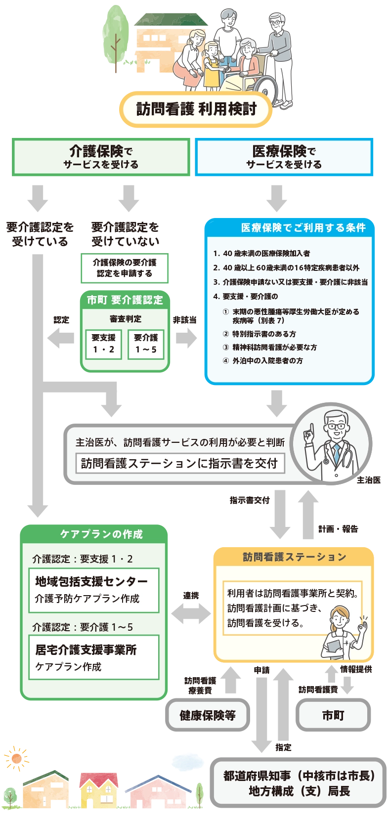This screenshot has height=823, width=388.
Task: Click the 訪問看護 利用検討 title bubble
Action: [196, 108]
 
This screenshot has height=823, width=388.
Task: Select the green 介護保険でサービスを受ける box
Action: [101, 157]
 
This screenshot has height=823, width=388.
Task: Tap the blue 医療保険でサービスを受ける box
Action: [284, 157]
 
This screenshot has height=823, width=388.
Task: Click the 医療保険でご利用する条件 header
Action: [303, 227]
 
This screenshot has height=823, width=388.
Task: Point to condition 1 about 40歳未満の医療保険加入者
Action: [262, 253]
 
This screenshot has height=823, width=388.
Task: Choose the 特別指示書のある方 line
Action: [264, 334]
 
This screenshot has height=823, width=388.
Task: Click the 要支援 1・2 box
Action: [103, 344]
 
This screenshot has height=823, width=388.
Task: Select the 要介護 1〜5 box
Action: [146, 344]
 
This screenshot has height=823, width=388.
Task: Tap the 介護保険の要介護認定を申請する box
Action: [124, 268]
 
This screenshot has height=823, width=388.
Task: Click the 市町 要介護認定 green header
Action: [125, 300]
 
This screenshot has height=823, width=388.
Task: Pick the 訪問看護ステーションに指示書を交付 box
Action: [180, 463]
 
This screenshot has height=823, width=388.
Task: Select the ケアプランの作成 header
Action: [101, 534]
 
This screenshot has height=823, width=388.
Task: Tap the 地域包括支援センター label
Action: [91, 581]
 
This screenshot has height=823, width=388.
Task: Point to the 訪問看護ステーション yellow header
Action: [294, 557]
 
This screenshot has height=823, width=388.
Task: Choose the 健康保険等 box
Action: [207, 715]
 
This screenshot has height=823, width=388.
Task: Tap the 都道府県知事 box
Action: [299, 783]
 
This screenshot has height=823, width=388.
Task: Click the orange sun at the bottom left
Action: [17, 758]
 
